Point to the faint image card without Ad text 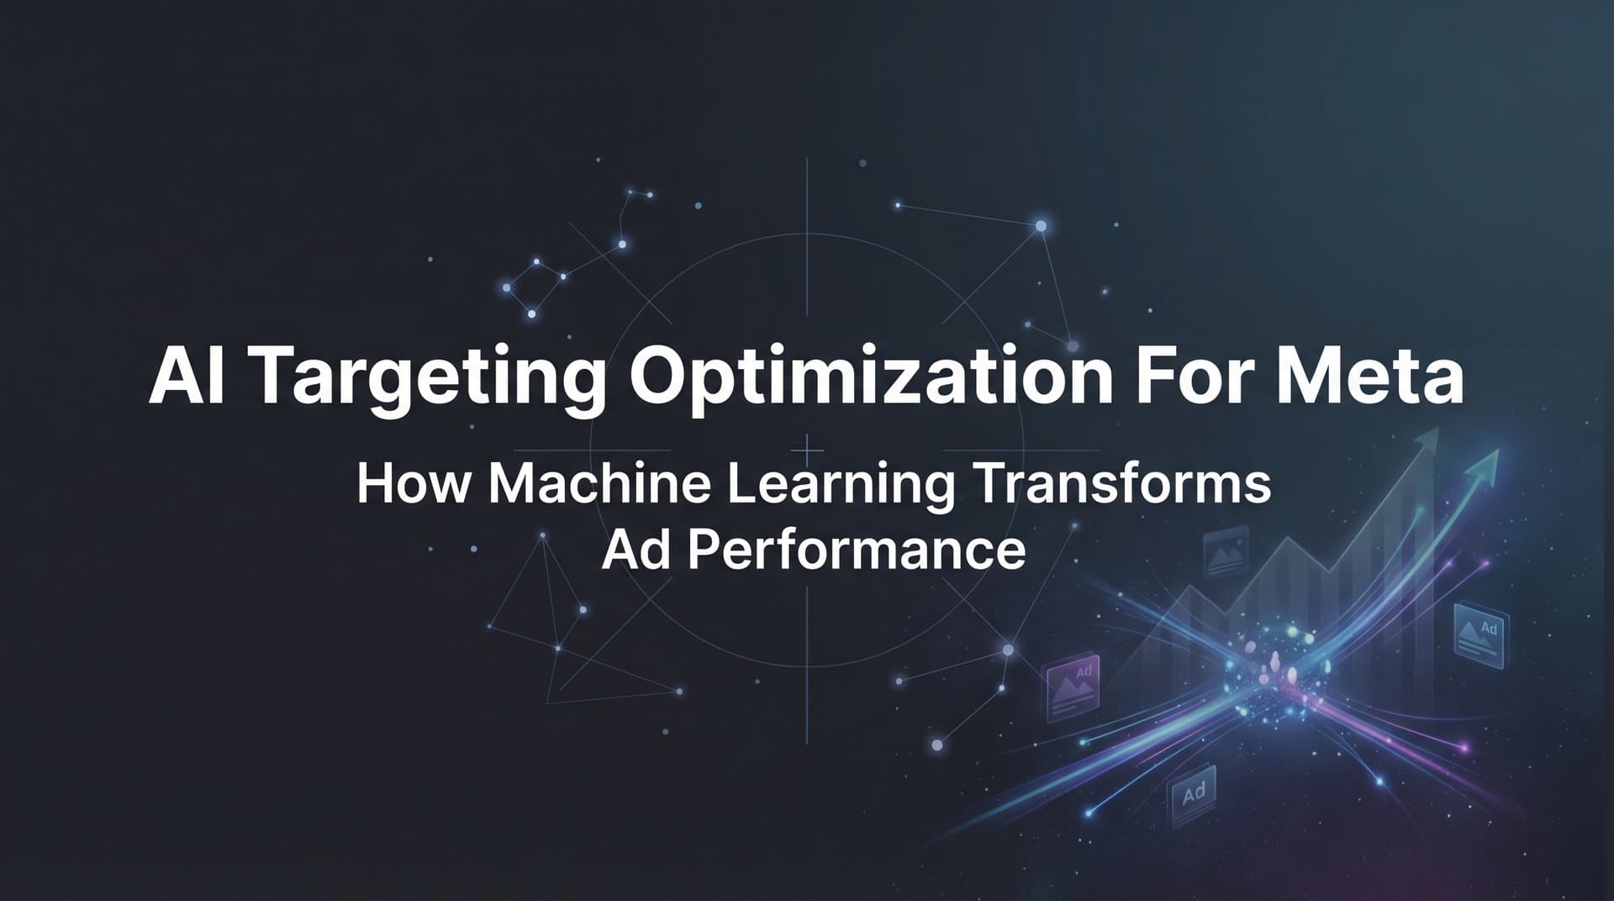coord(1226,553)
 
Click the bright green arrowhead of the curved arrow coord(1489,461)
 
